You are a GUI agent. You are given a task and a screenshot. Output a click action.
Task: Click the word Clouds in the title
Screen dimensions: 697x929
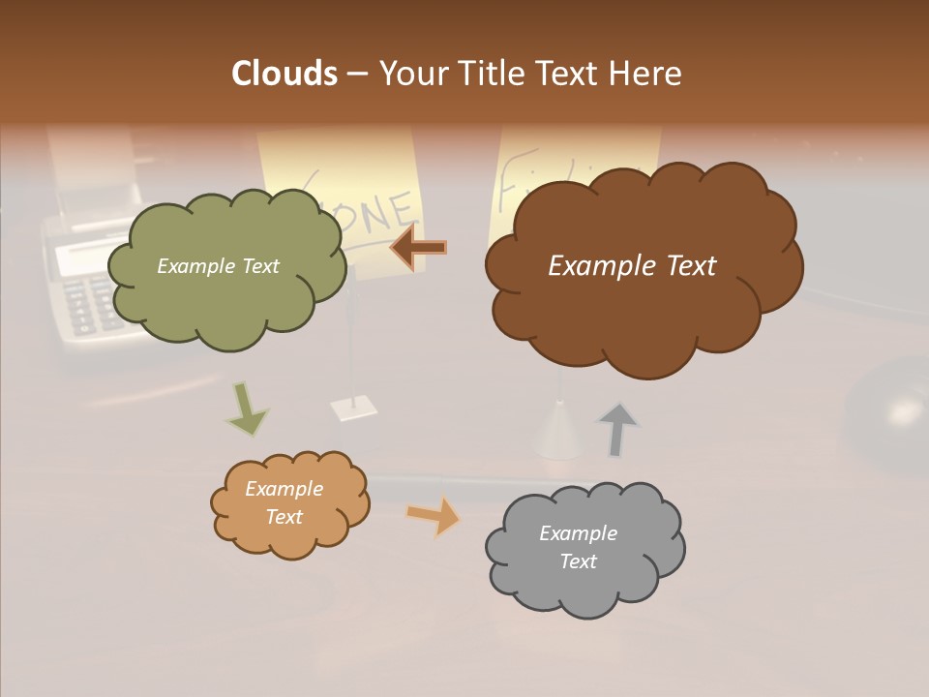tap(285, 74)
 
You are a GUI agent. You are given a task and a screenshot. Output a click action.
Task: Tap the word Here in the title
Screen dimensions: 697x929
tap(646, 74)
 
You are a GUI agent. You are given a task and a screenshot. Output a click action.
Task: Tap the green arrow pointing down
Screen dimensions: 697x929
tap(246, 409)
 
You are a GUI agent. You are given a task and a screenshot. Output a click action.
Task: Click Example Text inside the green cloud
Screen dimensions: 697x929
tap(218, 266)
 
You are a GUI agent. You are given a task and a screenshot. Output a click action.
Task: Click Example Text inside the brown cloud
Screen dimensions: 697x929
tap(632, 266)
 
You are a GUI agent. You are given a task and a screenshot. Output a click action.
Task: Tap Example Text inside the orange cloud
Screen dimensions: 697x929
tap(284, 502)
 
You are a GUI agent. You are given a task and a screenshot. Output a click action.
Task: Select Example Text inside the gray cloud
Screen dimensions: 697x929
tap(578, 547)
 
